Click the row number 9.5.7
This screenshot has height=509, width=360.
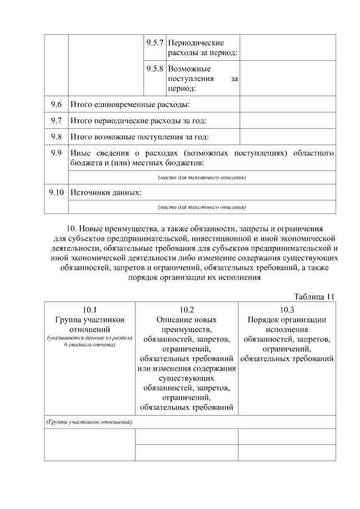coord(155,43)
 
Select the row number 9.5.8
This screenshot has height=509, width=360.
coord(155,68)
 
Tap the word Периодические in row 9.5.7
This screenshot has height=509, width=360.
coord(196,43)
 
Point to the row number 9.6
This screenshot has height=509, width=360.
coord(56,105)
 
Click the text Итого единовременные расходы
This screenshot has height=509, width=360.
coord(129,105)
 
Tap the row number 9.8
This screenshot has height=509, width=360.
coord(56,136)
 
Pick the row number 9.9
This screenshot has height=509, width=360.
coord(56,152)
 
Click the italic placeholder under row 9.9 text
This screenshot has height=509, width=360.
coord(202,178)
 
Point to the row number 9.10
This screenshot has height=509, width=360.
coord(56,192)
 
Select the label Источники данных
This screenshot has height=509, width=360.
coord(105,192)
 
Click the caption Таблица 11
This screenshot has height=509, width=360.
coord(314,296)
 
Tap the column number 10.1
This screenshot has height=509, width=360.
coord(89,309)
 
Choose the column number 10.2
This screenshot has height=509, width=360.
coord(186,309)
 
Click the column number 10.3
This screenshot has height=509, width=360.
coord(287,309)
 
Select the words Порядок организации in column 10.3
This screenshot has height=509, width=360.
coord(287,319)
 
